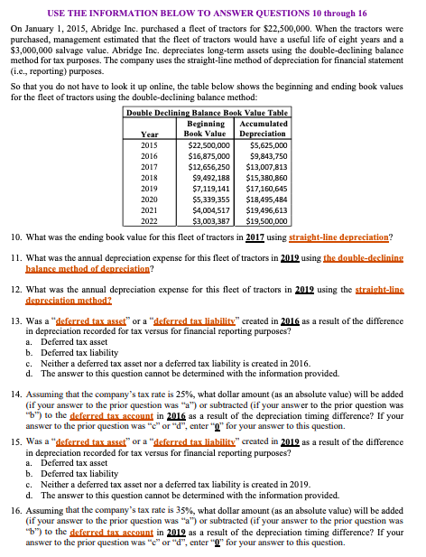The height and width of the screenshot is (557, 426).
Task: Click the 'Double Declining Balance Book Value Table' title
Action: click(x=207, y=112)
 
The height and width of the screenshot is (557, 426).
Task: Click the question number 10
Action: click(x=17, y=237)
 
